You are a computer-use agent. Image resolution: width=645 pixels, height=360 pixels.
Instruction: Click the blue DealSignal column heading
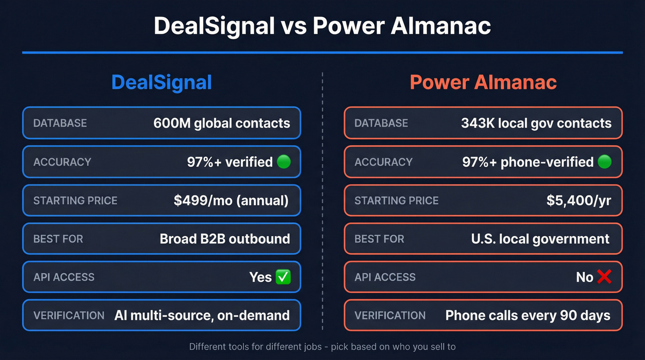pos(161,83)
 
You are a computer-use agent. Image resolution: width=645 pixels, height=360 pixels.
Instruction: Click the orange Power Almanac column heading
pos(483,83)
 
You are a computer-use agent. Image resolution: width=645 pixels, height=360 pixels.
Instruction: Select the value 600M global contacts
pos(222,123)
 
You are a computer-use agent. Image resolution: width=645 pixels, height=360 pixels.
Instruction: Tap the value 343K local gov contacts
pos(536,123)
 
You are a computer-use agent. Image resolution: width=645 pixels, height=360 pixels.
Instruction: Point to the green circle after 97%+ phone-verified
pos(604,162)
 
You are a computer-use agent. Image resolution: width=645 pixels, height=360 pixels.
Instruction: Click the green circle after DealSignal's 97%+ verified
pos(283,162)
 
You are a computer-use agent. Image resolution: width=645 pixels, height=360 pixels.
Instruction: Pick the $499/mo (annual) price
pos(231,201)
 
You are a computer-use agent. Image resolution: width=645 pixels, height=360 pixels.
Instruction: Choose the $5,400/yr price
pos(579,201)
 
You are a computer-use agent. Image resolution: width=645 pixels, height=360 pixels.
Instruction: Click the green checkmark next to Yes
pos(282,277)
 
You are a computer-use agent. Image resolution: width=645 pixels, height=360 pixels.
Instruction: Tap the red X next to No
pos(604,277)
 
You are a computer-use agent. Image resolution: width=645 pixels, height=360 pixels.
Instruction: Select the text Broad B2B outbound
pos(225,239)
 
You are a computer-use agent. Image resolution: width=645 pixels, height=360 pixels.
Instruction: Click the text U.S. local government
pos(540,239)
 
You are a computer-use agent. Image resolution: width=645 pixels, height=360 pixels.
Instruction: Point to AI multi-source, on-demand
pos(202,315)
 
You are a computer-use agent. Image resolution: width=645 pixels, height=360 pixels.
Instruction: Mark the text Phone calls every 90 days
pos(528,315)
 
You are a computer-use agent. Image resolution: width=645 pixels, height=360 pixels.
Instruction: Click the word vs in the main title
pos(293,26)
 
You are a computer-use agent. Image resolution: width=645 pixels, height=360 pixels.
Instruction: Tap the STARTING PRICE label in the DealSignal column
pos(75,201)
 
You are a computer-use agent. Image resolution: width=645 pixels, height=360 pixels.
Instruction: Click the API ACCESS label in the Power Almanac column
pos(385,277)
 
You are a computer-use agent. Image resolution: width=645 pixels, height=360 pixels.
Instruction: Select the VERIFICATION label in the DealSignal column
pos(69,315)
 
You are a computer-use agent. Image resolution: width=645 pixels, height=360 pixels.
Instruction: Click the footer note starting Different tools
pos(322,347)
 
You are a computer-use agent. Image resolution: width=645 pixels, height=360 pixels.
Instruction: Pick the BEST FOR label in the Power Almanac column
pos(379,239)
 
